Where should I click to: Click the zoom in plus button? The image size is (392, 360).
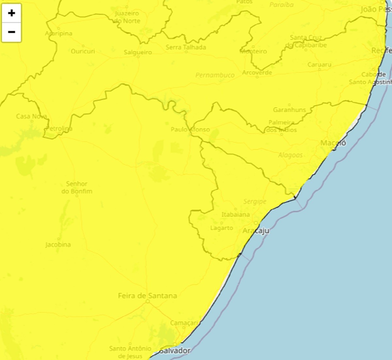(11, 13)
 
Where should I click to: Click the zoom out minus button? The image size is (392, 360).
(11, 32)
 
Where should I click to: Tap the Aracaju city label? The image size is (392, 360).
(256, 230)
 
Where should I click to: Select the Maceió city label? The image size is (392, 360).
(333, 143)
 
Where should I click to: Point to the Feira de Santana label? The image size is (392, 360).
(147, 296)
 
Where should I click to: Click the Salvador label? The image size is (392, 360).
(175, 351)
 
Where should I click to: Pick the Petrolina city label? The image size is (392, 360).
(59, 129)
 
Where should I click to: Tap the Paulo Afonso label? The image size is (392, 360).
(190, 130)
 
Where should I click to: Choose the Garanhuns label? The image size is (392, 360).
(289, 110)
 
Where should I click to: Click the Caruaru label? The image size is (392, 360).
(319, 65)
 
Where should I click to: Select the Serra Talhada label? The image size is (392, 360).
(186, 47)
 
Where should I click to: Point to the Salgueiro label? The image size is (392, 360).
(138, 52)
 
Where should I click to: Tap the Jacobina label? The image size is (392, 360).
(58, 244)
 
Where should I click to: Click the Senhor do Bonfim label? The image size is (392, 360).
(77, 187)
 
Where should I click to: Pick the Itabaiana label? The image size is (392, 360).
(236, 214)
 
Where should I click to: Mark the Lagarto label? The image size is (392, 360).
(221, 228)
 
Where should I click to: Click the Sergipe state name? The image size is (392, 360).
(255, 202)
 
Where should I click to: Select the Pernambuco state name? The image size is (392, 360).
(215, 75)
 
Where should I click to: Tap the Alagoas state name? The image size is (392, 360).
(290, 155)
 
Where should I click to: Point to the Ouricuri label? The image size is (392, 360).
(83, 51)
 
